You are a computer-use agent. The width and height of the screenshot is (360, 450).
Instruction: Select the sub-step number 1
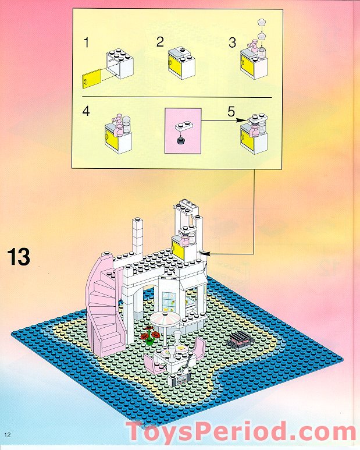[x=86, y=42]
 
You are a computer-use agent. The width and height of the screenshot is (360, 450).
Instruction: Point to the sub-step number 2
[x=159, y=42]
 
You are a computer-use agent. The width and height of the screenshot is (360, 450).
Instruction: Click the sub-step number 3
[x=231, y=42]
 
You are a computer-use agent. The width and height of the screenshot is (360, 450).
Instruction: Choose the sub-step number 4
[x=86, y=111]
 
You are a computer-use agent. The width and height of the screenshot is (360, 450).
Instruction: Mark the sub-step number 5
[x=231, y=111]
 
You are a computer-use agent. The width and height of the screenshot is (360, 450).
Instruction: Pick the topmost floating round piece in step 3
[x=261, y=23]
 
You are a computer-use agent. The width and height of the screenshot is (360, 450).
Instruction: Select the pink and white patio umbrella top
[x=166, y=321]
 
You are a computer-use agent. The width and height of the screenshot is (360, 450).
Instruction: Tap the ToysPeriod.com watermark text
[x=241, y=433]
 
